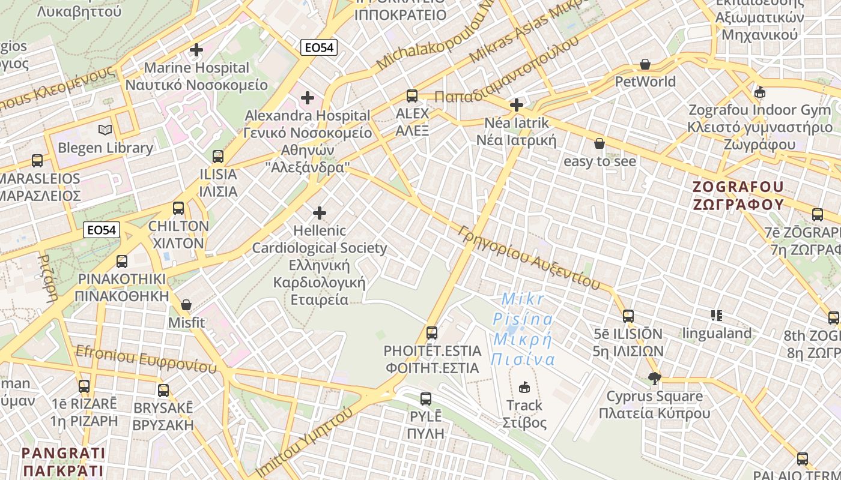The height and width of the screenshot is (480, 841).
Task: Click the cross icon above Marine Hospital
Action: pos(196,50)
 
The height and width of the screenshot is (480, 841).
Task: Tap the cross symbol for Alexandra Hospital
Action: pos(308,97)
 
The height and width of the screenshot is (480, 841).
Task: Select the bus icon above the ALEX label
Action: pos(412,95)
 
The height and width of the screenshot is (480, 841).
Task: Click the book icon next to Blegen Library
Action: pos(105,130)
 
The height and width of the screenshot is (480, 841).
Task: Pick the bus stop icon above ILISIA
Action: pos(218,157)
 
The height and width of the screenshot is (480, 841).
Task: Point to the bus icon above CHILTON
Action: pos(178,208)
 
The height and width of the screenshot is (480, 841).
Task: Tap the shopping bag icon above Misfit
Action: pos(186,305)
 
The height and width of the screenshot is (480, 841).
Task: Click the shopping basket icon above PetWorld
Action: pos(645,64)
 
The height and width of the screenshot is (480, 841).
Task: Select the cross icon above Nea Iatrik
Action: pos(516,106)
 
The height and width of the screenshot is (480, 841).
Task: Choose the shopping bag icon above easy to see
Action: pos(599,143)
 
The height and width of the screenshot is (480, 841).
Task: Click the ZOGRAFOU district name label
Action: pos(738,195)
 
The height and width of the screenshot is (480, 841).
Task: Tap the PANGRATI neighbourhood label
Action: pos(63,461)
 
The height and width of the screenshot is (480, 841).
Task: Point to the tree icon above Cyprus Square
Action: pos(654,378)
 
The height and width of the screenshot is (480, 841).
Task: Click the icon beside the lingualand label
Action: pos(716,315)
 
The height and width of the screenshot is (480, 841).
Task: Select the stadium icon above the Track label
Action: pos(524,387)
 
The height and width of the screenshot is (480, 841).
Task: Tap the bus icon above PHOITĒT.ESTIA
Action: pos(432,332)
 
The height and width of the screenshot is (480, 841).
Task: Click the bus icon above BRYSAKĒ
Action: pos(163,391)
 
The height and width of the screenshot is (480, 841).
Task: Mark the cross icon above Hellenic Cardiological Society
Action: pos(320,213)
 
